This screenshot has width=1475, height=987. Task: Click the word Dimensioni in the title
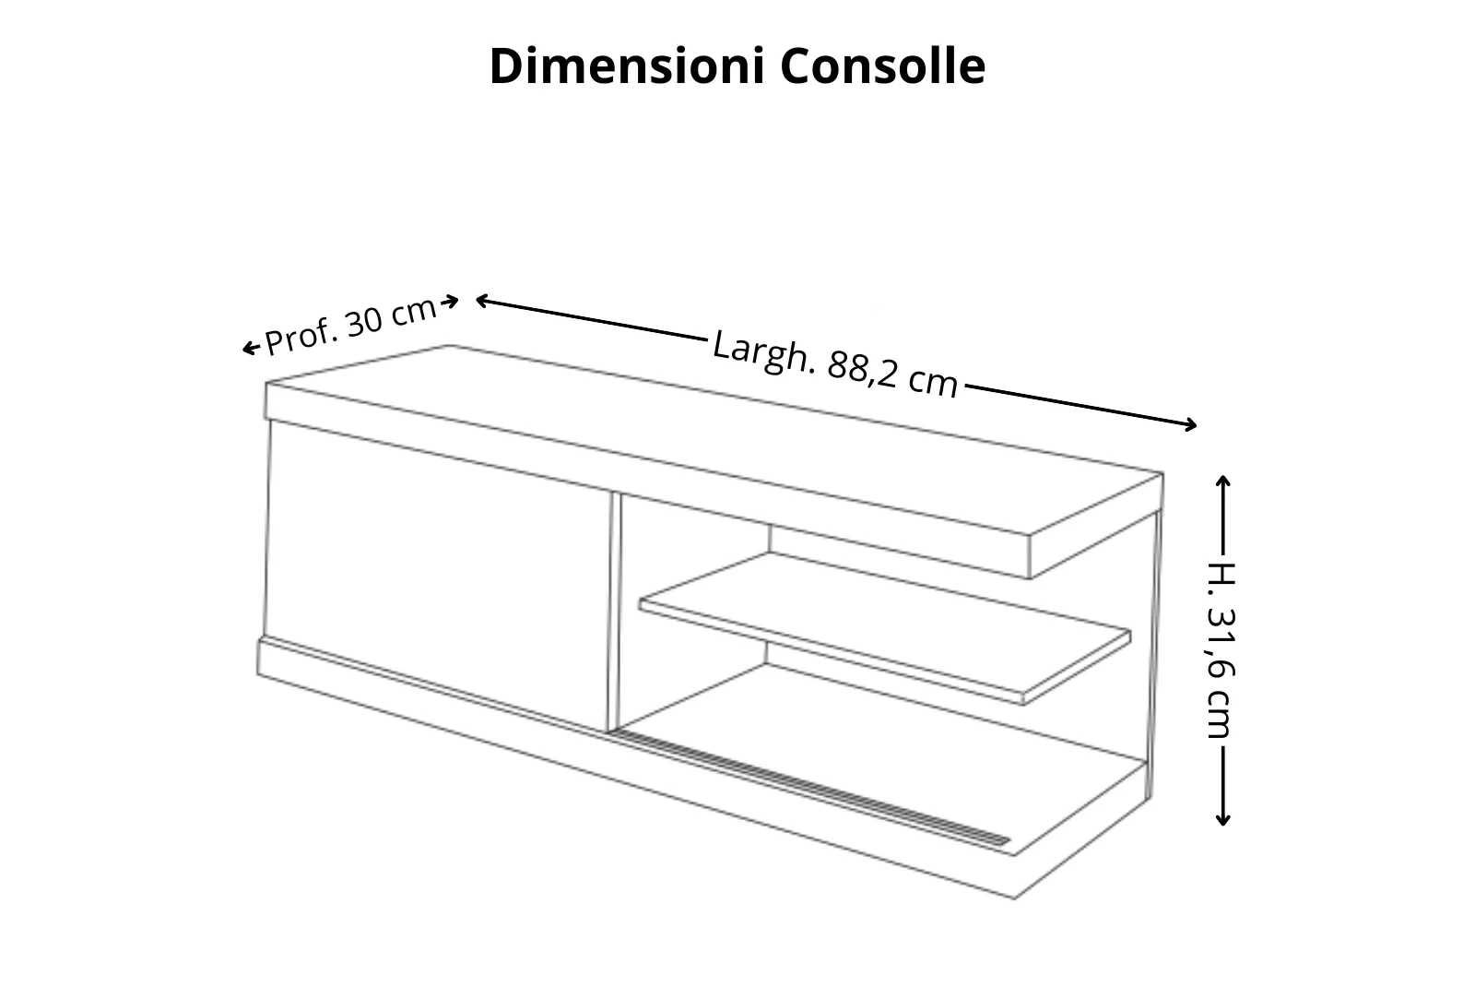click(628, 66)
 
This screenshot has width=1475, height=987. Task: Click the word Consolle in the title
click(882, 66)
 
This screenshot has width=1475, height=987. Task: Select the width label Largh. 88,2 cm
click(835, 365)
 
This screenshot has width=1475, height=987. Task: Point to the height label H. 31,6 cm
click(1221, 649)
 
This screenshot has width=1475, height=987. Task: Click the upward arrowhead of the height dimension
click(1223, 481)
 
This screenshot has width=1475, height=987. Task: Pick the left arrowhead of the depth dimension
click(248, 349)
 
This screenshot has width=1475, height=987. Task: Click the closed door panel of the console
click(438, 572)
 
